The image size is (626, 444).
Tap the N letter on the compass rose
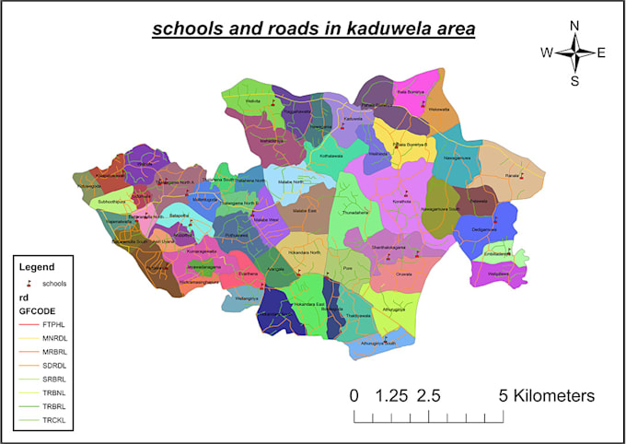point(574,26)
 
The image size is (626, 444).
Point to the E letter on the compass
point(600,53)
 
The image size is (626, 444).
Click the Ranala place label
point(512,173)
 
